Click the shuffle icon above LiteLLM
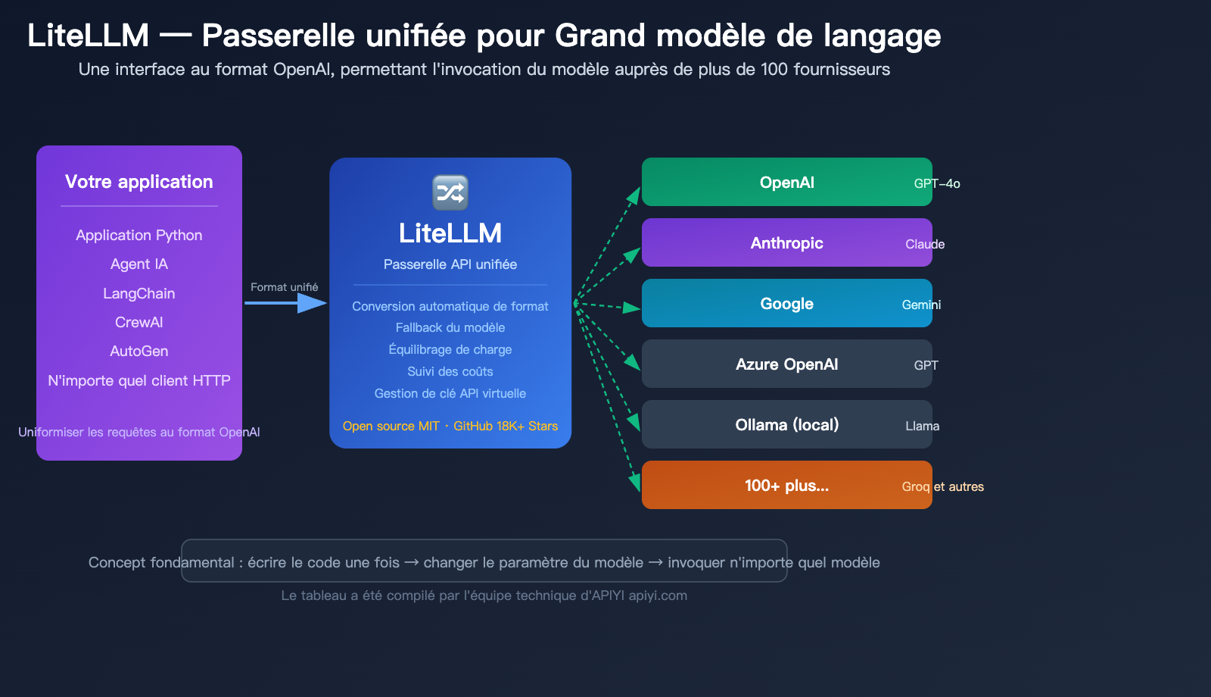pyautogui.click(x=450, y=192)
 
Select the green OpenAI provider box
pyautogui.click(x=786, y=182)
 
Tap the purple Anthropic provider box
pyautogui.click(x=786, y=242)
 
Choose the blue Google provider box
pyautogui.click(x=786, y=303)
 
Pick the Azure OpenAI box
pyautogui.click(x=786, y=364)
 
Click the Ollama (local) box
pyautogui.click(x=786, y=424)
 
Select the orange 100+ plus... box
pyautogui.click(x=786, y=485)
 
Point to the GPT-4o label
pyautogui.click(x=937, y=183)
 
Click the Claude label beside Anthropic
pyautogui.click(x=925, y=244)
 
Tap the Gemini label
pyautogui.click(x=921, y=305)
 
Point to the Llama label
pyautogui.click(x=922, y=426)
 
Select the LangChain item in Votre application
pyautogui.click(x=139, y=293)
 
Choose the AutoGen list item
pyautogui.click(x=139, y=351)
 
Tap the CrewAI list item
pyautogui.click(x=139, y=322)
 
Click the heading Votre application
pyautogui.click(x=139, y=182)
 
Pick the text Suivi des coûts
pyautogui.click(x=450, y=371)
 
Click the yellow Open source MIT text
pyautogui.click(x=391, y=426)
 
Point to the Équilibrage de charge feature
pyautogui.click(x=450, y=349)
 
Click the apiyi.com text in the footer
pyautogui.click(x=658, y=595)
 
